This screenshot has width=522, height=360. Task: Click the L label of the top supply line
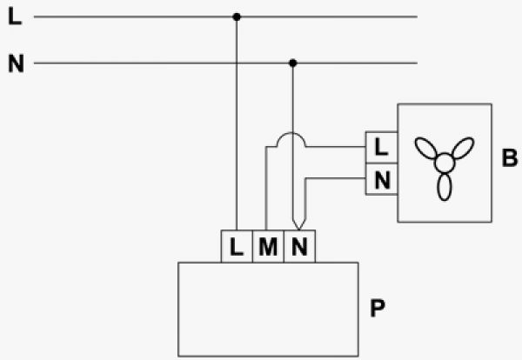click(x=14, y=16)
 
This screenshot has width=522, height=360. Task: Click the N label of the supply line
click(x=14, y=63)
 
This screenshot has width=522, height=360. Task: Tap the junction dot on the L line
click(x=237, y=16)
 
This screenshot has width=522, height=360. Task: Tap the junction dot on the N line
click(x=293, y=63)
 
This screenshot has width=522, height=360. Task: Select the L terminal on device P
click(x=237, y=247)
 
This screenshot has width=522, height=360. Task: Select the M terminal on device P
click(x=267, y=247)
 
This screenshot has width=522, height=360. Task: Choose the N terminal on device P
click(x=298, y=247)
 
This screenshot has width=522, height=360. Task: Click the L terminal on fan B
click(x=380, y=149)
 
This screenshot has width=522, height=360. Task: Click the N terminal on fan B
click(x=380, y=180)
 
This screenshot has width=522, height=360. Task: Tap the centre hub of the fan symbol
click(x=445, y=161)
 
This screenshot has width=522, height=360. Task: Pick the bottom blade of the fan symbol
click(x=445, y=187)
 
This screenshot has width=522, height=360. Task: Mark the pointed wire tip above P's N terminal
click(x=298, y=225)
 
